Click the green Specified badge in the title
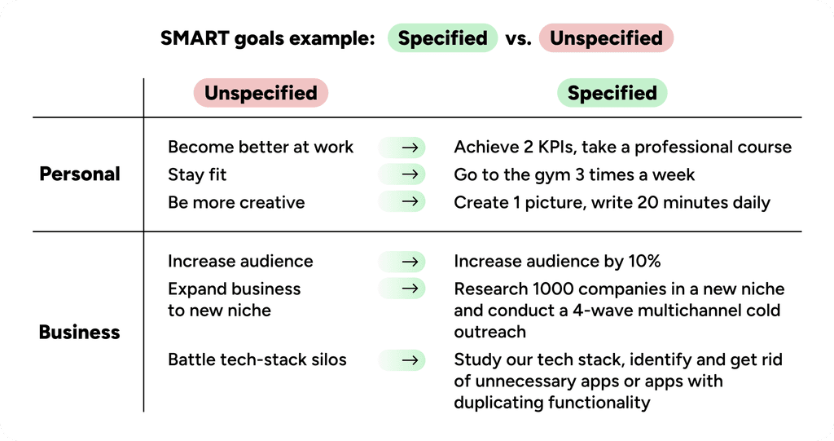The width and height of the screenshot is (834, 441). click(x=442, y=38)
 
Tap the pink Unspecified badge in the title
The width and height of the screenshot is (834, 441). click(x=606, y=38)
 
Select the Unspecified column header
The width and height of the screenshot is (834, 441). click(x=261, y=93)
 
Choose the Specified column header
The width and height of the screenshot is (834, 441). click(x=612, y=93)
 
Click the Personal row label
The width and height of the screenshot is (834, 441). click(x=80, y=174)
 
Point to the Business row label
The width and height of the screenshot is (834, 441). click(x=79, y=333)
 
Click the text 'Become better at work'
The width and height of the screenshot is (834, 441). click(x=261, y=148)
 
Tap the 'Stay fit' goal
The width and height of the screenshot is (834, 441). click(x=197, y=174)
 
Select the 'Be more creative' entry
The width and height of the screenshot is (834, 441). click(x=236, y=202)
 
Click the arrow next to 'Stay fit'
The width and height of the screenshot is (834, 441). click(x=413, y=174)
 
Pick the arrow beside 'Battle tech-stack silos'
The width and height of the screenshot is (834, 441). click(x=413, y=359)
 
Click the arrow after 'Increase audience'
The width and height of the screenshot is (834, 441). click(x=413, y=262)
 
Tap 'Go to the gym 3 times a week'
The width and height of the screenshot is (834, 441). click(x=574, y=174)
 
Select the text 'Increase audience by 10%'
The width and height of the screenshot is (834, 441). click(x=557, y=262)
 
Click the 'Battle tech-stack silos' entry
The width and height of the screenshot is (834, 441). click(x=257, y=359)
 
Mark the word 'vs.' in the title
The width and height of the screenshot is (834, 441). click(x=519, y=38)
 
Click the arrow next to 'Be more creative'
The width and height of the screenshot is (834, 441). click(x=413, y=202)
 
